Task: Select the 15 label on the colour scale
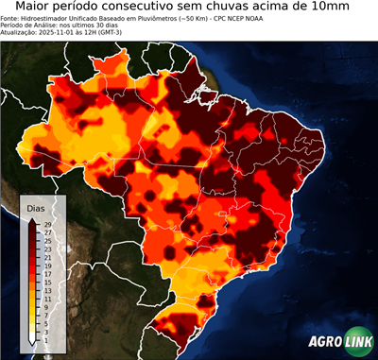click(46, 283)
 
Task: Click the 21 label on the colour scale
click(46, 258)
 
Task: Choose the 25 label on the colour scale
click(46, 241)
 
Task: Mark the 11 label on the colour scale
click(46, 299)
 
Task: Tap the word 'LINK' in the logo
click(357, 343)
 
